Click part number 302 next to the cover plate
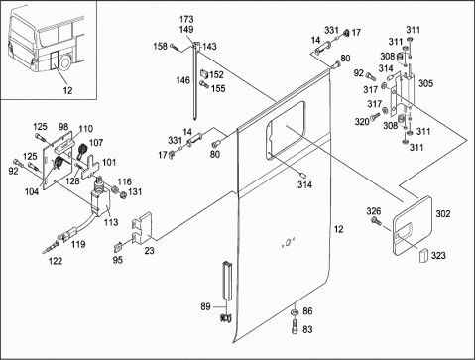pos(443,214)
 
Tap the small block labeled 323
pos(423,256)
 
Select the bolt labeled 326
pos(376,221)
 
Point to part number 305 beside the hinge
pos(425,83)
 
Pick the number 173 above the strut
pos(186,19)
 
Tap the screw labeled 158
pos(176,48)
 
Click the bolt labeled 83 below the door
pos(295,328)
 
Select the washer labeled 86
pos(294,312)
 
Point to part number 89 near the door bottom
pos(205,306)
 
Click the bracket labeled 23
pos(142,228)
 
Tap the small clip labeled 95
pos(119,246)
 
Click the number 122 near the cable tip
pos(56,261)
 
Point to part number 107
pos(96,143)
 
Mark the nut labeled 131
pos(123,195)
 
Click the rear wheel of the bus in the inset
pos(65,62)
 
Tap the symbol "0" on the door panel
pos(287,244)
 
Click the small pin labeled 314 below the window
pos(301,174)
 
